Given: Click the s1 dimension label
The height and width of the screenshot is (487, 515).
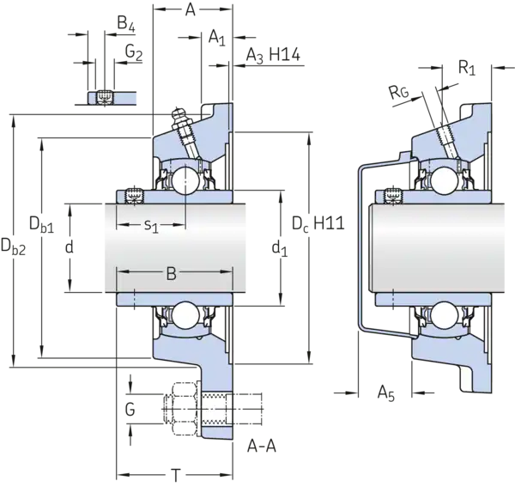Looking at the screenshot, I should click(151, 226).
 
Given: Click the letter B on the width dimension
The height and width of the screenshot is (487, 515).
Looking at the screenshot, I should click(171, 274).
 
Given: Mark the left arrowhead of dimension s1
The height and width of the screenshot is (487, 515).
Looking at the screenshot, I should click(121, 226).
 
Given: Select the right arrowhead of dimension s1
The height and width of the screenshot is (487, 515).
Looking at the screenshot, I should click(182, 226).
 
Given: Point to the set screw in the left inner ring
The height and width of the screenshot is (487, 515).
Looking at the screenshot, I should click(133, 194).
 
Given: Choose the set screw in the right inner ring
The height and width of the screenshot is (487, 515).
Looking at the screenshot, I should click(393, 194).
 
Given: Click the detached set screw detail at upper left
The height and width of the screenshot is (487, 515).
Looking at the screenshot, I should click(102, 98).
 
